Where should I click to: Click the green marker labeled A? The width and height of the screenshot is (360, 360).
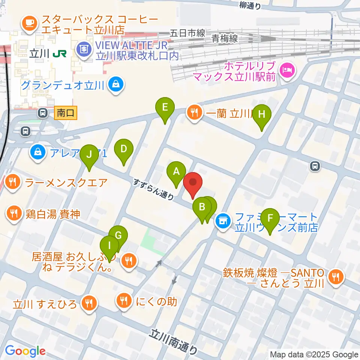pos(176,172)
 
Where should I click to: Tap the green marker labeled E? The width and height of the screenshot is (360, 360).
pos(165,108)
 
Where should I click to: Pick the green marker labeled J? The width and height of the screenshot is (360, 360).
pos(89,155)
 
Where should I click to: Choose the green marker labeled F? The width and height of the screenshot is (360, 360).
pos(270,219)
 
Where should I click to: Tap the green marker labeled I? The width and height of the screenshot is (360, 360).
pos(109,246)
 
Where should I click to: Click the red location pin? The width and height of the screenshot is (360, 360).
pos(193,183)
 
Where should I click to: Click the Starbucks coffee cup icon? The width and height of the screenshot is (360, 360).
pos(29,22)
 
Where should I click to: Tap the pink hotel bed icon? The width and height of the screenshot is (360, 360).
pos(288,69)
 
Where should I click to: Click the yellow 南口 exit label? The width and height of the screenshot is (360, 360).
pos(66,112)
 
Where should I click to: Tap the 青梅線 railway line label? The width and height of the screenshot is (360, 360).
pos(225,38)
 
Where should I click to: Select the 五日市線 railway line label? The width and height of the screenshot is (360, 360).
pos(187,33)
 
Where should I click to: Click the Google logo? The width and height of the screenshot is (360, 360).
pos(25,351)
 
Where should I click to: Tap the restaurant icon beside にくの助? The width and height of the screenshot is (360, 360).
pos(123,301)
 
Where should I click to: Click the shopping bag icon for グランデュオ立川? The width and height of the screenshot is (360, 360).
pos(115,84)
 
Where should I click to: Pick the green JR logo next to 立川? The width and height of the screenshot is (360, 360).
pos(60,54)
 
